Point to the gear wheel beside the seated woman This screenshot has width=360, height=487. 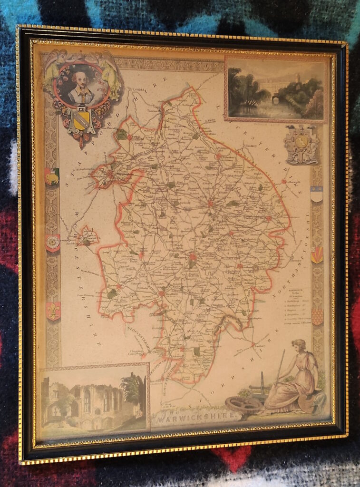243,404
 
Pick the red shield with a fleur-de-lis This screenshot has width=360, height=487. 53,311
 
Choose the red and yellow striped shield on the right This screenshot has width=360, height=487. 317,254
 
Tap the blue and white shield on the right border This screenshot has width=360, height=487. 316,194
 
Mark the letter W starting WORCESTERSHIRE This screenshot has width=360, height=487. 63,220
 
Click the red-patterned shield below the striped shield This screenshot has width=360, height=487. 317,316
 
